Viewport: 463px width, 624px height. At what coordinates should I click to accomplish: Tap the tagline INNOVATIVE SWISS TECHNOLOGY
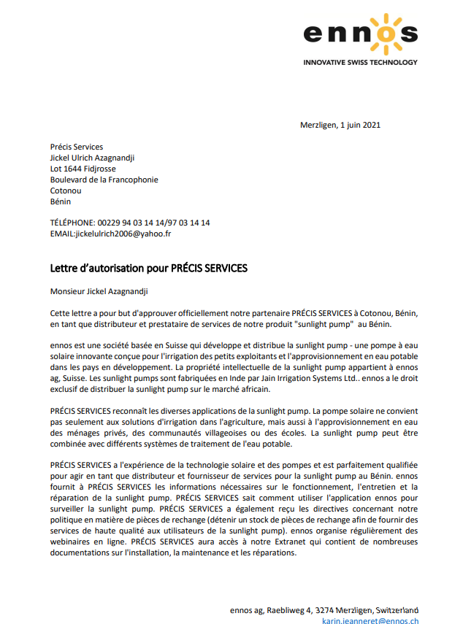point(361,63)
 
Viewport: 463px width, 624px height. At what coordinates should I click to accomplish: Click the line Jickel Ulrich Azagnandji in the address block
point(92,158)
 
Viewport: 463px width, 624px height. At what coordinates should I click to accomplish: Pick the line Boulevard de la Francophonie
point(104,180)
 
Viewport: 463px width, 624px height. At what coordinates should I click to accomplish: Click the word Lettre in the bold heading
point(65,268)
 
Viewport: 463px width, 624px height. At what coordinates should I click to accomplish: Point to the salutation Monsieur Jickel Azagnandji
point(99,292)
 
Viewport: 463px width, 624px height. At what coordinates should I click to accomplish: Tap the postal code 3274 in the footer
point(326,610)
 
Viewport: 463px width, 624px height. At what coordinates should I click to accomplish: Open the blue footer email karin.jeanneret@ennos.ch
point(370,621)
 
